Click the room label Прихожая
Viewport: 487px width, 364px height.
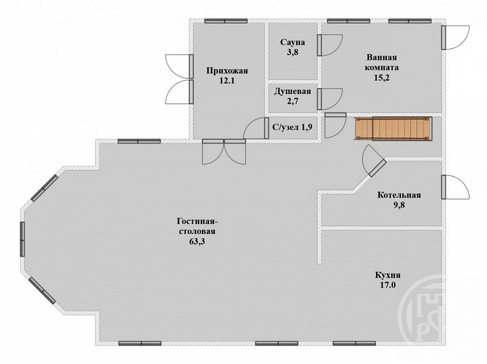pyautogui.click(x=227, y=71)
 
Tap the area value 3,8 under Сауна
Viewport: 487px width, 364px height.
pyautogui.click(x=292, y=52)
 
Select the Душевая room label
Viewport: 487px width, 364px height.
pyautogui.click(x=292, y=92)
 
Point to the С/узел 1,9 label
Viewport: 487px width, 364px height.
pyautogui.click(x=292, y=127)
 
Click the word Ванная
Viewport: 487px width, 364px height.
pyautogui.click(x=381, y=58)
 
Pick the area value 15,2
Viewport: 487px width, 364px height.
pyautogui.click(x=381, y=78)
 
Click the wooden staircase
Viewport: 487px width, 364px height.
pyautogui.click(x=392, y=128)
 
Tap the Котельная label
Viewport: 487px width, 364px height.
pyautogui.click(x=399, y=195)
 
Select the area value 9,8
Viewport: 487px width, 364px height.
pyautogui.click(x=399, y=205)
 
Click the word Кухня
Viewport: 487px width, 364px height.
pyautogui.click(x=388, y=275)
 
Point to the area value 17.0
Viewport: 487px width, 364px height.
pyautogui.click(x=388, y=285)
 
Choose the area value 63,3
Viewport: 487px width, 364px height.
pyautogui.click(x=197, y=241)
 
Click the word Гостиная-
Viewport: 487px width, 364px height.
pyautogui.click(x=197, y=221)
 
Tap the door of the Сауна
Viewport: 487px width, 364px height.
pyautogui.click(x=329, y=45)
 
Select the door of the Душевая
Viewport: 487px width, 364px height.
pyautogui.click(x=329, y=99)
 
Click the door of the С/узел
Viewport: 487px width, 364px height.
pyautogui.click(x=256, y=128)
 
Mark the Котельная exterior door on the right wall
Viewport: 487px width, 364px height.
pyautogui.click(x=455, y=187)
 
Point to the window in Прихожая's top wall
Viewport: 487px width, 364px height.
pyautogui.click(x=226, y=21)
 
